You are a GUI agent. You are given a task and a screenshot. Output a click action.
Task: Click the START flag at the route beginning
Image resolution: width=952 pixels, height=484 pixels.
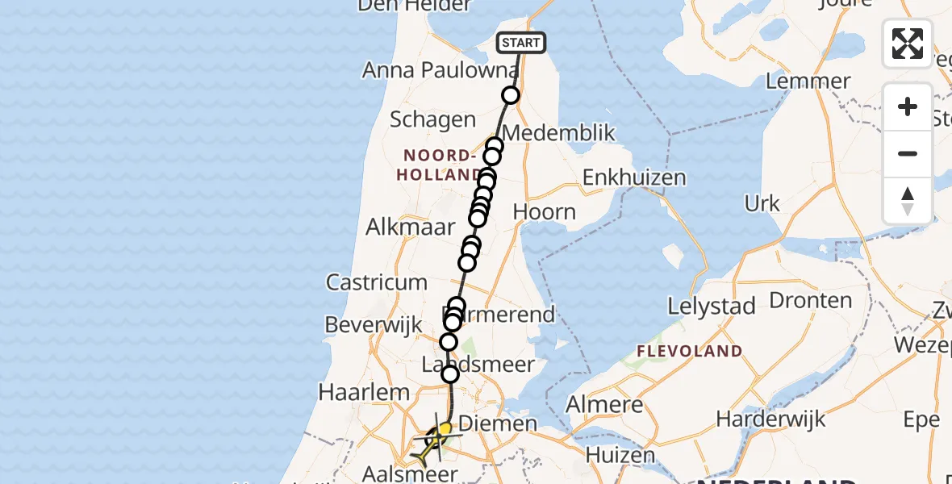pyautogui.click(x=521, y=43)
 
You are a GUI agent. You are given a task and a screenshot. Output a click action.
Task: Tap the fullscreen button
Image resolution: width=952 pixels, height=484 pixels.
pyautogui.click(x=908, y=44)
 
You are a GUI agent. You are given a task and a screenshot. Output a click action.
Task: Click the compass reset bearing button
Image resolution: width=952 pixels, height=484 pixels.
pyautogui.click(x=908, y=201)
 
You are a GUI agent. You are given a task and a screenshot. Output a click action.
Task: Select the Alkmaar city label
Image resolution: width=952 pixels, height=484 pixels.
pyautogui.click(x=411, y=227)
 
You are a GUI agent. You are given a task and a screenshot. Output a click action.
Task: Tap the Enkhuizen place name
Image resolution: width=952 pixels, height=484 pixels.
pyautogui.click(x=634, y=177)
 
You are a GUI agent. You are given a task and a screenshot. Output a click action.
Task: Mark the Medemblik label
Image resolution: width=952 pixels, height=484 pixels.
pyautogui.click(x=558, y=133)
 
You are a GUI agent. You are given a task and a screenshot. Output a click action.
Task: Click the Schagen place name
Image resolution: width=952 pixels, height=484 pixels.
pyautogui.click(x=432, y=120)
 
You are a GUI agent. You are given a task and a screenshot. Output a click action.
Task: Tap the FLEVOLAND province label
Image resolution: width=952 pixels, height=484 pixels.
pyautogui.click(x=689, y=351)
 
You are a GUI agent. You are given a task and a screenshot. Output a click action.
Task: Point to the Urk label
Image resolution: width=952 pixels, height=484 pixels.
pyautogui.click(x=762, y=203)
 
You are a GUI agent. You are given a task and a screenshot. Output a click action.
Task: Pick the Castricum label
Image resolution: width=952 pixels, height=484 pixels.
pyautogui.click(x=376, y=282)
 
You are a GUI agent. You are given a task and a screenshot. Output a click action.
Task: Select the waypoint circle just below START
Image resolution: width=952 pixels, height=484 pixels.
pyautogui.click(x=511, y=96)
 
